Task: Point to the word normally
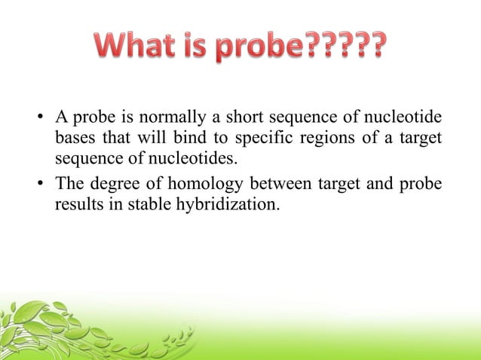coord(156,119)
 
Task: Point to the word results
coord(76,204)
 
